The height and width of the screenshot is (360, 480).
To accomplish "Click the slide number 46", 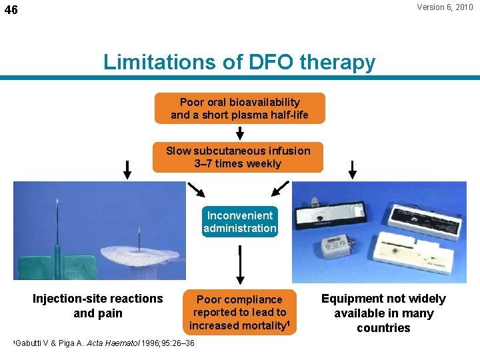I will [x=11, y=11].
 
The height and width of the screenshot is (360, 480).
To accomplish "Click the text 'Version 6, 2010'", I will [x=445, y=8].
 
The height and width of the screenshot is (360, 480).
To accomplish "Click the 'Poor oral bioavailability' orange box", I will [x=240, y=109].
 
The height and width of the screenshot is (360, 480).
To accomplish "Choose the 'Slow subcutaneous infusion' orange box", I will [x=238, y=157].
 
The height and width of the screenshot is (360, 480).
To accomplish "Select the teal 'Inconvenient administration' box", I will [x=240, y=222].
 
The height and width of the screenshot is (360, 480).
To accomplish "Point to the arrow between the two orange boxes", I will [x=240, y=133].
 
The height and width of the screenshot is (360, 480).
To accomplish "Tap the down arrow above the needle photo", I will [x=127, y=169].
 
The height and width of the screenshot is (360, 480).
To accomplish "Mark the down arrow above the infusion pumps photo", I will [x=354, y=169].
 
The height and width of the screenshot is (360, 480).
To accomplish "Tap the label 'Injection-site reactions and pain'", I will [x=97, y=306].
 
